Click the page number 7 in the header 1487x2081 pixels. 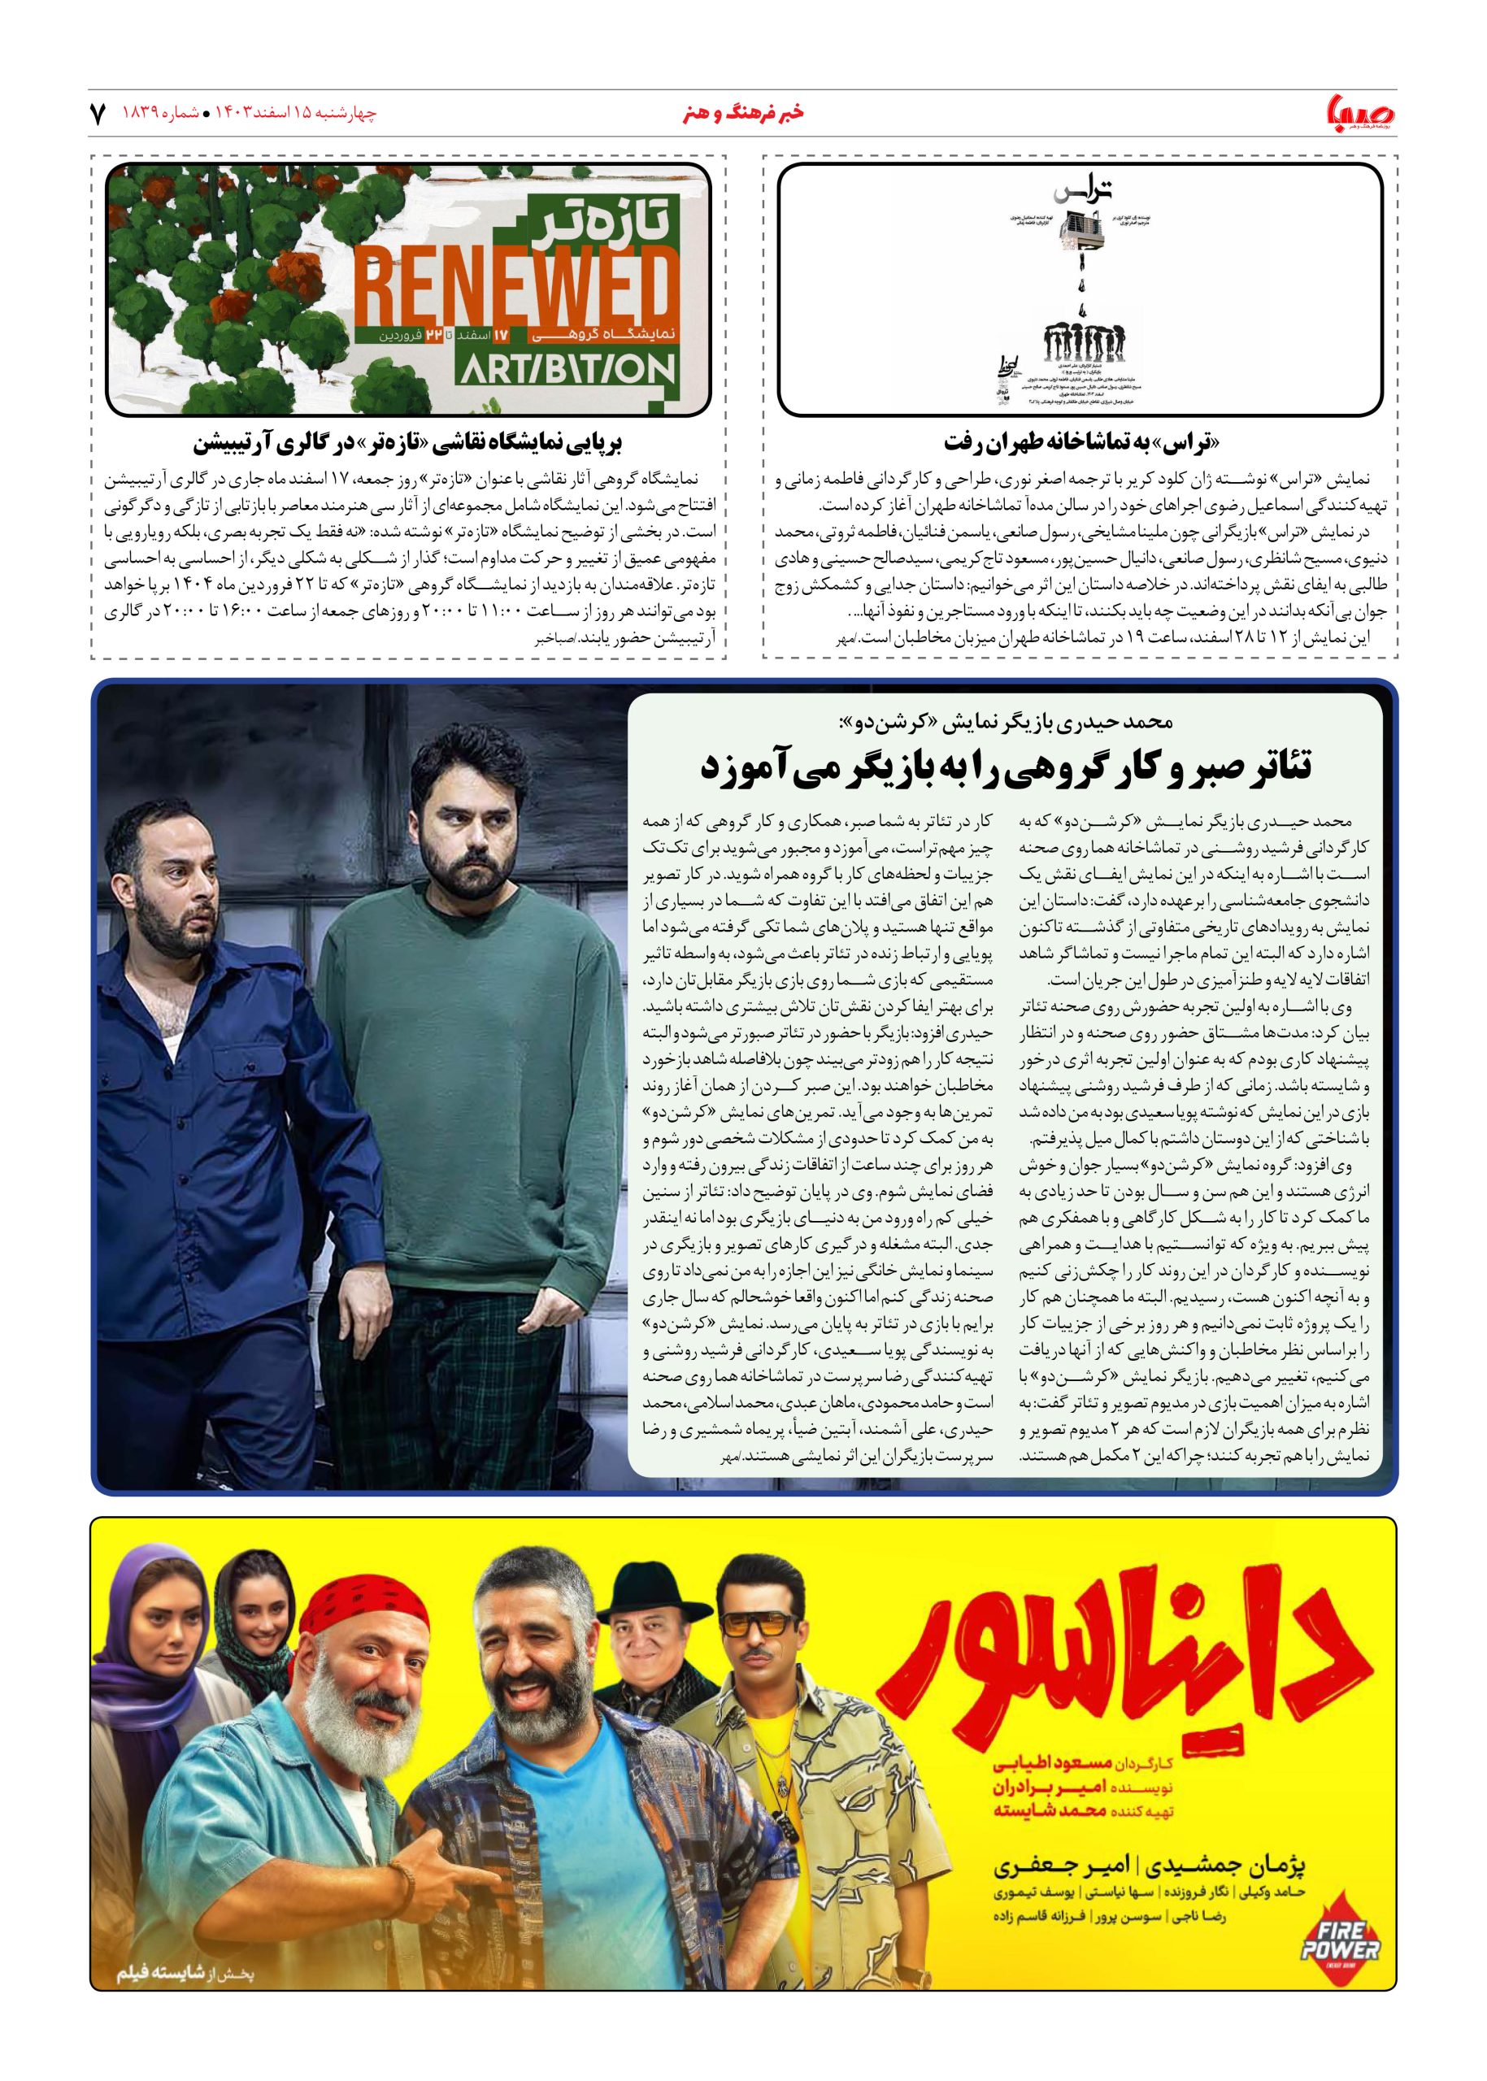click(98, 114)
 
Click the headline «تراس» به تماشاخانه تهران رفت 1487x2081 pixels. click(1081, 443)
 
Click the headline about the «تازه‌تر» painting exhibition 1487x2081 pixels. click(407, 443)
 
